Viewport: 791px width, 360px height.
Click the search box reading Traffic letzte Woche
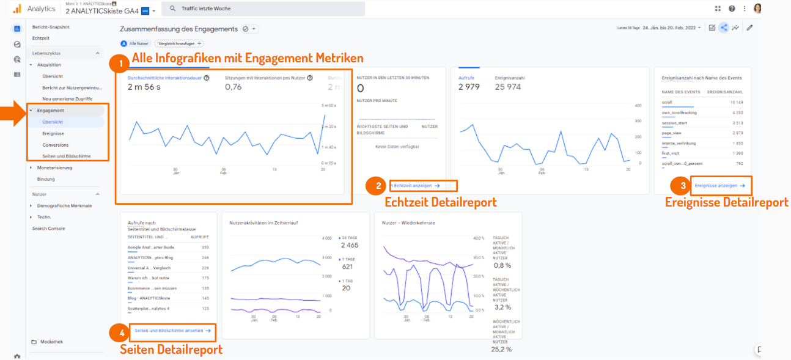(266, 9)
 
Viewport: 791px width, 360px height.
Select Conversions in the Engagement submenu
(55, 145)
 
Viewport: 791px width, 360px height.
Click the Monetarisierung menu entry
(54, 167)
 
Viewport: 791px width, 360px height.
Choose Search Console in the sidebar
(48, 229)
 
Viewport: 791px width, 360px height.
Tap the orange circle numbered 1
(120, 62)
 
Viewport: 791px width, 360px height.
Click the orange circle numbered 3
(682, 186)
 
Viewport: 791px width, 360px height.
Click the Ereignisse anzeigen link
(719, 185)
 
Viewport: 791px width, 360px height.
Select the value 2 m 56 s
(144, 87)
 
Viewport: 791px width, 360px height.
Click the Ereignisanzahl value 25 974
(508, 87)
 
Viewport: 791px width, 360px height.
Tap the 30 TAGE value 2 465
(350, 245)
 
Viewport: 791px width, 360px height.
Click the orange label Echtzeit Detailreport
(440, 202)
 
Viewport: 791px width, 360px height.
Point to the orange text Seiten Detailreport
(171, 350)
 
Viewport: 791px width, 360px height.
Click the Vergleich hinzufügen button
(179, 43)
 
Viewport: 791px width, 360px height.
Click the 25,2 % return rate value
(501, 350)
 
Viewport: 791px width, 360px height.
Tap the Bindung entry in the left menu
(46, 179)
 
